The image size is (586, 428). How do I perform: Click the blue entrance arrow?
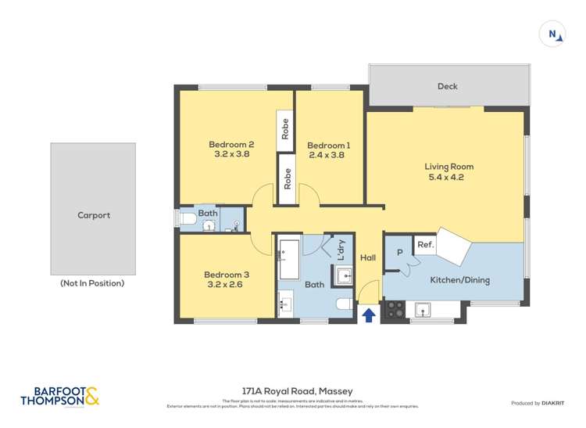368,315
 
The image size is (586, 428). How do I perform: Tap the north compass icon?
553,34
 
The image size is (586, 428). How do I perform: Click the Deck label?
447,87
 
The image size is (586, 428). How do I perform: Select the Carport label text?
93,215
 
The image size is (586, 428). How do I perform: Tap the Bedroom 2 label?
231,144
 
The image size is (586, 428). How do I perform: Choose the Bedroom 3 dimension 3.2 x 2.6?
227,286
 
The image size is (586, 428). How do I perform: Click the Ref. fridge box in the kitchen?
425,245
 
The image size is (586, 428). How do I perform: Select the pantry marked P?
399,253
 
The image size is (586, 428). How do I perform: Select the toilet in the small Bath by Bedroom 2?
188,222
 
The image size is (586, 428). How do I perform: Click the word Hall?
368,258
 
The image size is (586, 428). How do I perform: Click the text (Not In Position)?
92,283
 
